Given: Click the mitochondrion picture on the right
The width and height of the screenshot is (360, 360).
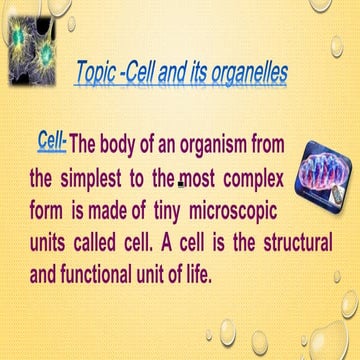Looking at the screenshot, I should pyautogui.click(x=312, y=187).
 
